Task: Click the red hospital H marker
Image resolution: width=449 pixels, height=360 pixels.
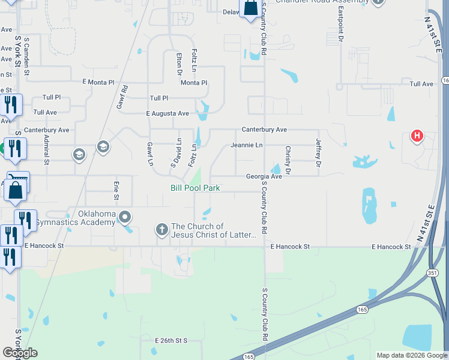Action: [417, 136]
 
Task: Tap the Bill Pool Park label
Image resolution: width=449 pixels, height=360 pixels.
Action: [195, 188]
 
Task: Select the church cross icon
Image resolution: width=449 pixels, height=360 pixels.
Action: [161, 229]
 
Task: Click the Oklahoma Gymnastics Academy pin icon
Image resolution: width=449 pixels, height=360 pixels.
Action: [125, 217]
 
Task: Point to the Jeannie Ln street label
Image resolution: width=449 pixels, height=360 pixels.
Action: [247, 145]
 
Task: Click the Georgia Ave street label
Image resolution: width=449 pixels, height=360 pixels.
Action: [264, 176]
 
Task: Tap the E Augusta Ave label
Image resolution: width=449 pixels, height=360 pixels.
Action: [167, 113]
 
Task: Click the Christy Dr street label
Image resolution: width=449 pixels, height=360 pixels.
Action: [288, 160]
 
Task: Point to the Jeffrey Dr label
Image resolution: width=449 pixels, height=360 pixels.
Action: [319, 150]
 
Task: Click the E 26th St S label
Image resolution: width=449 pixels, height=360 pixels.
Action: [171, 341]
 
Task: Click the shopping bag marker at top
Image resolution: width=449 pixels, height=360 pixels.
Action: [250, 8]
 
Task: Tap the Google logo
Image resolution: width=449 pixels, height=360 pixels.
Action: [20, 352]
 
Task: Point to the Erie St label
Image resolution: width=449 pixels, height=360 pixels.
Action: [116, 190]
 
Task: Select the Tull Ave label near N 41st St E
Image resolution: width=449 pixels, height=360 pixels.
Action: [421, 85]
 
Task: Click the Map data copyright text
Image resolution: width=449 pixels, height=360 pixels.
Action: [411, 355]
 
